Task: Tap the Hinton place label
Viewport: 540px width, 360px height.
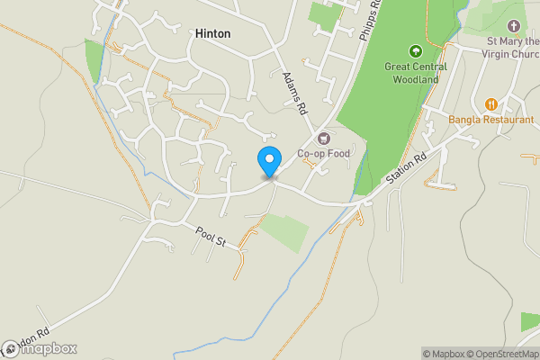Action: tap(212, 33)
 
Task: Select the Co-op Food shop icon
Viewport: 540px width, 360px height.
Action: tap(323, 138)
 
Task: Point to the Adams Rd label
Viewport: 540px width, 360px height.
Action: tap(294, 93)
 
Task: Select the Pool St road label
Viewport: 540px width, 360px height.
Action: tap(215, 237)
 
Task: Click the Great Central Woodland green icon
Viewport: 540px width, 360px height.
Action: tap(416, 50)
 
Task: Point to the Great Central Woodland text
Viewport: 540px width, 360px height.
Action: tap(416, 72)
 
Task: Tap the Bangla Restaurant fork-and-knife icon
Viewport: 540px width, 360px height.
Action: tap(491, 103)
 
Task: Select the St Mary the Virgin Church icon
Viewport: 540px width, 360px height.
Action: tap(515, 26)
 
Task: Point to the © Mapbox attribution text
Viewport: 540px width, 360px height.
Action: tap(444, 354)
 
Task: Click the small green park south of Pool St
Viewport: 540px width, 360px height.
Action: tap(283, 231)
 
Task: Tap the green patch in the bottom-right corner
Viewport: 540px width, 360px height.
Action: tap(530, 321)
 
